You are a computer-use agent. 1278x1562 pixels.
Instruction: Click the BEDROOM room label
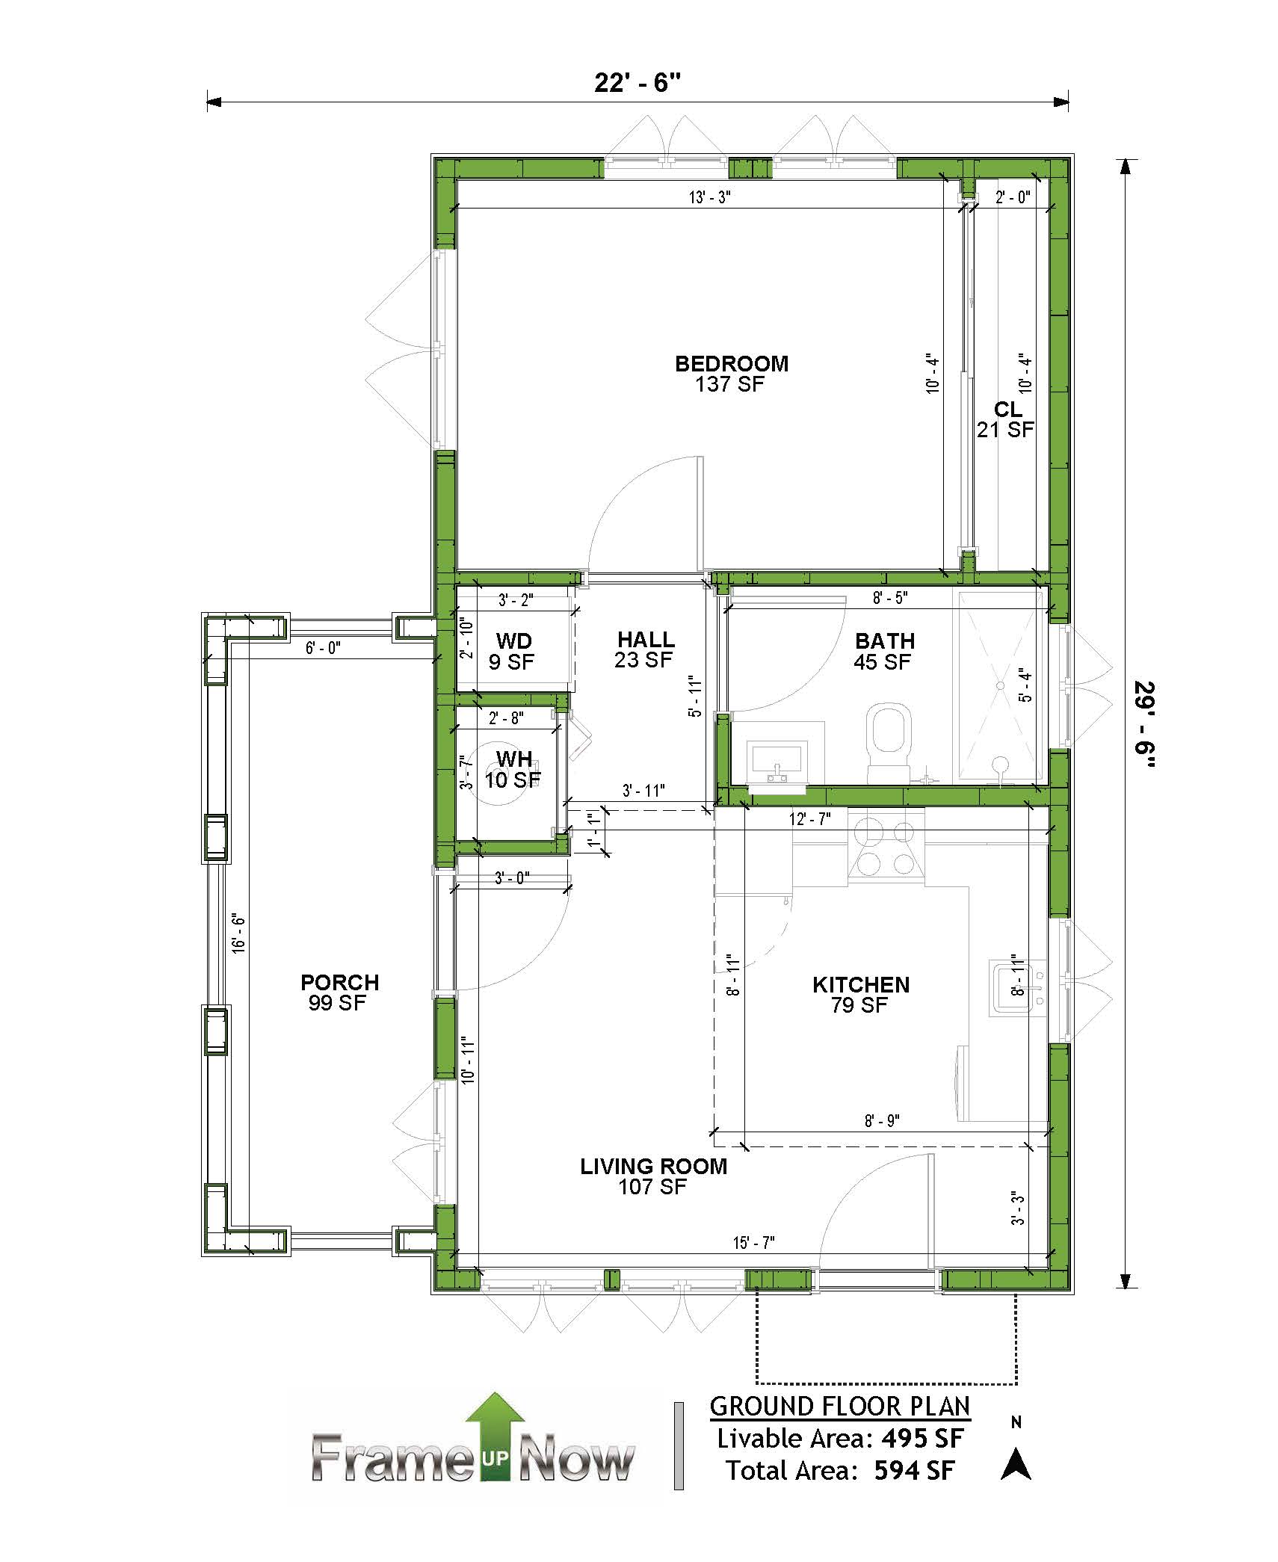pos(732,364)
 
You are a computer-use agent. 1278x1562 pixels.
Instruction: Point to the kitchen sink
pos(1016,987)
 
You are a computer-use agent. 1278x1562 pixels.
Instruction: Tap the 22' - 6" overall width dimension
pos(638,82)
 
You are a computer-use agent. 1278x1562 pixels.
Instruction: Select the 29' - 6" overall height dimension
pos(1144,724)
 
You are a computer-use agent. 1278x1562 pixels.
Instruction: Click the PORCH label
pos(340,983)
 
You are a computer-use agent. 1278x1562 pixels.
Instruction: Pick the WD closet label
pos(514,641)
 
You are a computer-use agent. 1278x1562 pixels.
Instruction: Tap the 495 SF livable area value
pos(922,1439)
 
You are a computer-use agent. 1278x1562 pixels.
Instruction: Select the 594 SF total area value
pos(914,1471)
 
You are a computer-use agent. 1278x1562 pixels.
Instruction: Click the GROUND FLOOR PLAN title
pos(840,1406)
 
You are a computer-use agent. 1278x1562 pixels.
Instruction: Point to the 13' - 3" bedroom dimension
pos(709,197)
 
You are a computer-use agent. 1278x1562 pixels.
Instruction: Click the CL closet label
pos(1007,410)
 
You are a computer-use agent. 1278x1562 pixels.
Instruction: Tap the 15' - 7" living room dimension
pos(753,1243)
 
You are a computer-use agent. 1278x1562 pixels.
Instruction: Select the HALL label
pos(646,640)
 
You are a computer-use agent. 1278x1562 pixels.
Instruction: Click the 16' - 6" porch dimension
pos(238,933)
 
